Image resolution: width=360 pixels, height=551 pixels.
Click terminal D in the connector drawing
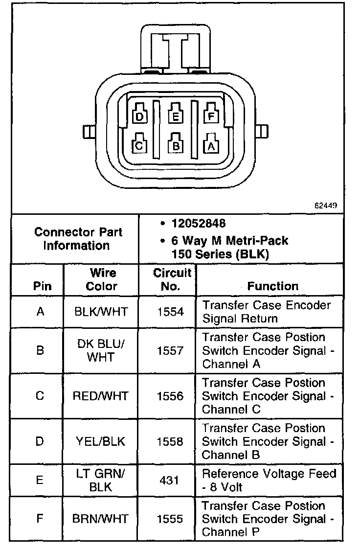coord(140,116)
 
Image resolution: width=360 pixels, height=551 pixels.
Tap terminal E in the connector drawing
coord(175,116)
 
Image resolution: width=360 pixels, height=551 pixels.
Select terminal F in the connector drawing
coord(211,116)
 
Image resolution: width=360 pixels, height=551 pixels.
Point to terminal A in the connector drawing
coord(211,145)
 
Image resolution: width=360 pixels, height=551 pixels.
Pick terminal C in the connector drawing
coord(139,145)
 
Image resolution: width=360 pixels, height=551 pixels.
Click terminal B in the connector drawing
coord(175,145)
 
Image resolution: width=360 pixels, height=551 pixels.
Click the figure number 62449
coord(325,206)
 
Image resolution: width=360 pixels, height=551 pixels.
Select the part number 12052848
coord(198,224)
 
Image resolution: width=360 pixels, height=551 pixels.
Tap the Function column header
coord(272,286)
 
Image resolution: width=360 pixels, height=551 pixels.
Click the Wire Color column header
coord(102,279)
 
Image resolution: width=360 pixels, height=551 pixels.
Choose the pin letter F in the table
coord(40,519)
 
